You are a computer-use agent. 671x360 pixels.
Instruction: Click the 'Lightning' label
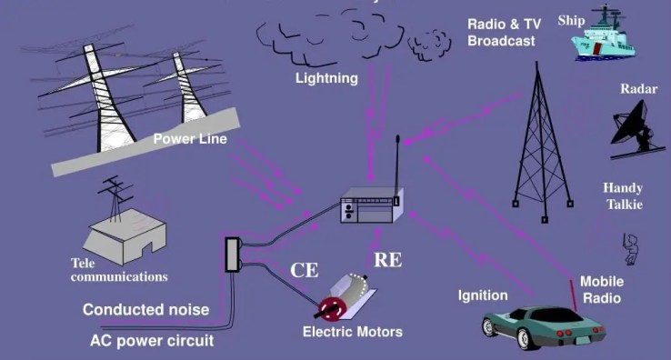[326, 78]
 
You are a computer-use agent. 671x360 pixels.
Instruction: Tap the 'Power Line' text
[190, 139]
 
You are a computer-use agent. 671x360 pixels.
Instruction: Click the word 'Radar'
[639, 89]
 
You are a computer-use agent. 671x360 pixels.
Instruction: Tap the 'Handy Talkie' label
[624, 196]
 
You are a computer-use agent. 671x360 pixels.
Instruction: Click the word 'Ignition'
[483, 295]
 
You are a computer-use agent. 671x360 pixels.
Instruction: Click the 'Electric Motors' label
[352, 332]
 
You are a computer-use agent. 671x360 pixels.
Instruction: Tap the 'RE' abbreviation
[388, 261]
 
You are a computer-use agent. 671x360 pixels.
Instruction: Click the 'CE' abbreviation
[304, 270]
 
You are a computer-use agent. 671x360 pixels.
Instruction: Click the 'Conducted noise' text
[145, 310]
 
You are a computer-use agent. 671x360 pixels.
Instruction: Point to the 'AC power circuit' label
[152, 342]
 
